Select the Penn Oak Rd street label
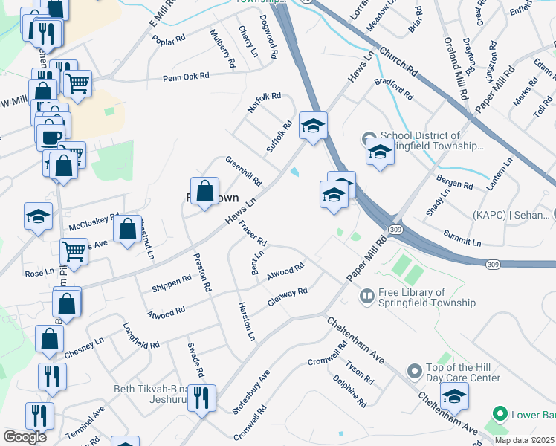tap(187, 77)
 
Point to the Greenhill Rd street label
tap(244, 172)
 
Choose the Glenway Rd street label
tap(287, 297)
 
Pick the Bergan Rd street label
tap(456, 184)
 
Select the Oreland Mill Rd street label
tap(454, 69)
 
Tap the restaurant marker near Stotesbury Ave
tap(201, 398)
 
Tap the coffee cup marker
tap(51, 138)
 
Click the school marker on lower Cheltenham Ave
tap(454, 396)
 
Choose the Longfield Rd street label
tap(141, 336)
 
